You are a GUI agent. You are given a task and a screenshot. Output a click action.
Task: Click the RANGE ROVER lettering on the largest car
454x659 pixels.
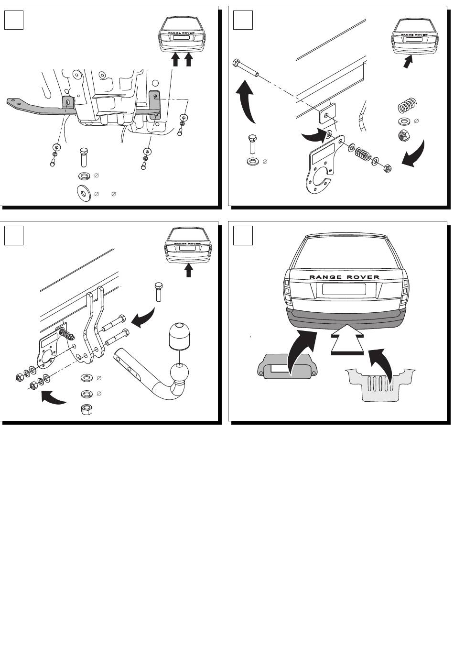[x=344, y=277]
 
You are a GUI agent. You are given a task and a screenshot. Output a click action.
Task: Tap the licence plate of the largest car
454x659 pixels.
[x=344, y=289]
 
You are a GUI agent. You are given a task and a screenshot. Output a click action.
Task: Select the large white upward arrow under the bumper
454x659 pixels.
[x=347, y=339]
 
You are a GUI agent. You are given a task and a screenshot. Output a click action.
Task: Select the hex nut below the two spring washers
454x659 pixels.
[x=87, y=409]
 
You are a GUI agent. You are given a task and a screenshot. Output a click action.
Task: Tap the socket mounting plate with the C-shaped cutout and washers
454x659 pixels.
[x=324, y=165]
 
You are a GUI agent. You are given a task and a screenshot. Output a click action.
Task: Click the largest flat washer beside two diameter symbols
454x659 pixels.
[x=83, y=193]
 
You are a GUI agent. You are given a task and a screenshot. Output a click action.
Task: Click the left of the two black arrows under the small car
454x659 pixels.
[x=176, y=59]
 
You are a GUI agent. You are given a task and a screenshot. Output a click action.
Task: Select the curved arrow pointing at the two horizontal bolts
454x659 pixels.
[x=143, y=318]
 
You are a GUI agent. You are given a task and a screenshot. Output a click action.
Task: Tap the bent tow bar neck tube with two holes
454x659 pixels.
[x=150, y=375]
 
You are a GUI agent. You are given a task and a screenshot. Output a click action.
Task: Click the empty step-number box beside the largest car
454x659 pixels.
[x=243, y=235]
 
